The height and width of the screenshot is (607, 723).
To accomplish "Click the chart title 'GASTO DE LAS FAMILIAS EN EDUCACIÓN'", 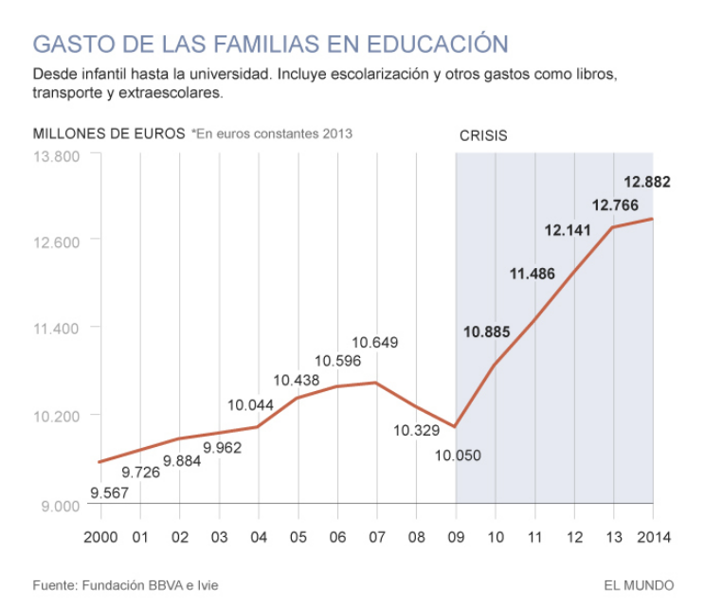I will click(270, 44).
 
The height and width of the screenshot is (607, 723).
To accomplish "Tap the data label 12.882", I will click(646, 182).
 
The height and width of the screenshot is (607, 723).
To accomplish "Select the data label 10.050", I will click(458, 455).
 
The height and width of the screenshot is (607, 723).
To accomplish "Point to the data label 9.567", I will click(110, 492).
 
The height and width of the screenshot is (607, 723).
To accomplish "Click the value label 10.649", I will click(375, 342).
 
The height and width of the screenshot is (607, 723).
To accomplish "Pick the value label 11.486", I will click(532, 274).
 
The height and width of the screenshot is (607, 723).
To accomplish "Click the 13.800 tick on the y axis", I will click(58, 155).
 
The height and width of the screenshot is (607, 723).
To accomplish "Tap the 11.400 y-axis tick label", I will click(58, 328).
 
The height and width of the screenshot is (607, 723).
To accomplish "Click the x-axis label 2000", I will click(100, 537).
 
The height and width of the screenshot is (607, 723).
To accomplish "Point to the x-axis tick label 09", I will click(456, 537).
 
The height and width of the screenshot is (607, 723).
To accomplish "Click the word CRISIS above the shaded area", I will click(483, 135).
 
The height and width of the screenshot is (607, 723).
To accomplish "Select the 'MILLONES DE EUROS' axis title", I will click(109, 134).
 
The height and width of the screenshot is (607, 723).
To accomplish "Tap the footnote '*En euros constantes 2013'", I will click(272, 134).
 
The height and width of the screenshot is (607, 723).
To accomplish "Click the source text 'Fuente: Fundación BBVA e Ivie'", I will click(125, 585).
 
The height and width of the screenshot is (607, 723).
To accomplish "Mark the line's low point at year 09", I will click(456, 427).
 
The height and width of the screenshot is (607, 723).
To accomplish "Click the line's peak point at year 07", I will click(376, 383).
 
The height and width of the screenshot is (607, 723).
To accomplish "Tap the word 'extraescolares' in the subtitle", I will click(173, 94).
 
